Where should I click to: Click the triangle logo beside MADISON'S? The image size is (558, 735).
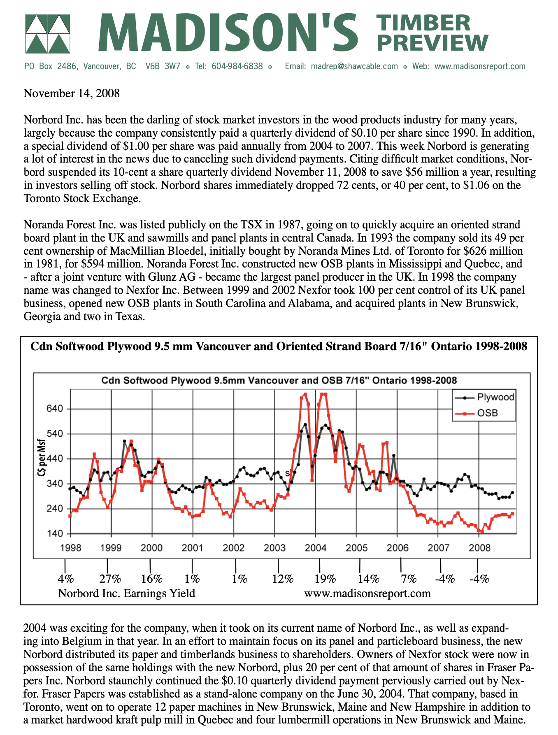click(x=47, y=34)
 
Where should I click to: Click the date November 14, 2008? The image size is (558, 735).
click(x=72, y=93)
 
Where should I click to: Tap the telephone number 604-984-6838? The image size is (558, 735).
click(x=237, y=66)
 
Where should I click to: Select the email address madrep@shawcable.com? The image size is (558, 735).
click(x=354, y=66)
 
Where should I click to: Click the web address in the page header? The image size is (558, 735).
click(x=480, y=66)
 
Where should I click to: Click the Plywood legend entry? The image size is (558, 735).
click(x=495, y=397)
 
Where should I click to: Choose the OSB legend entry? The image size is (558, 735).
click(x=488, y=413)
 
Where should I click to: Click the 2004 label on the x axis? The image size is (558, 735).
click(x=316, y=548)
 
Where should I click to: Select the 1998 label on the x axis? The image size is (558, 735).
click(x=70, y=548)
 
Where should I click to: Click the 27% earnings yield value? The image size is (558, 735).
click(x=110, y=579)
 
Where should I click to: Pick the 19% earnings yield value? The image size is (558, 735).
click(x=325, y=579)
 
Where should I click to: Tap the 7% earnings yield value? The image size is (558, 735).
click(x=409, y=579)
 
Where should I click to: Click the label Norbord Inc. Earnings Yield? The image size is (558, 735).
click(x=126, y=593)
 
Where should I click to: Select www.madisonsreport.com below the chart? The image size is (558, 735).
click(x=367, y=593)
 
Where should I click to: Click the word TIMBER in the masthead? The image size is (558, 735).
click(x=424, y=23)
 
